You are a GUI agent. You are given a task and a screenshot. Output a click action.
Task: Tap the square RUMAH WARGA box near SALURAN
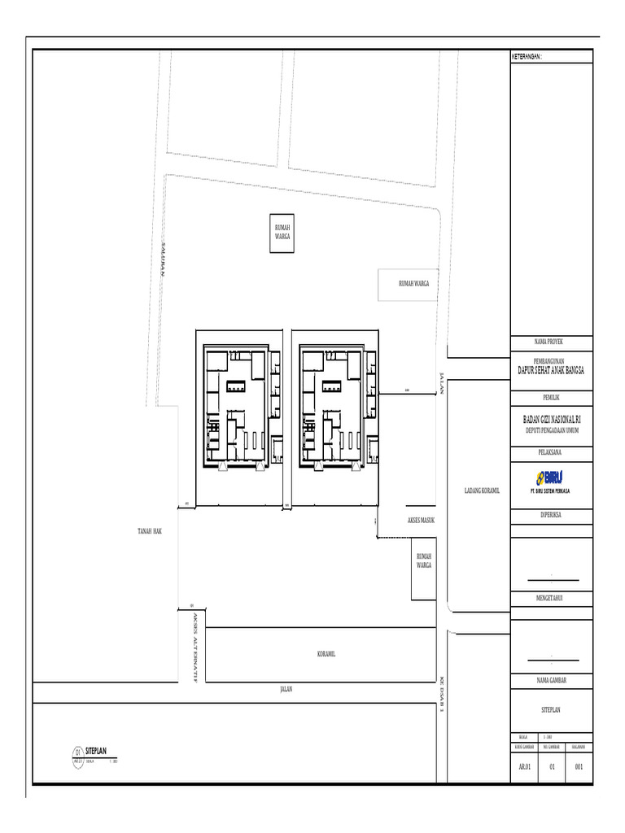point(282,233)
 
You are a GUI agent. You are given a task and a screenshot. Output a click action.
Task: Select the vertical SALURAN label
point(163,259)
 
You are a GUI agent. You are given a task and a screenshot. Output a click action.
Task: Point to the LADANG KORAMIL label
point(481,491)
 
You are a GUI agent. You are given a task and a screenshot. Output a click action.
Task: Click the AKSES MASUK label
point(422,519)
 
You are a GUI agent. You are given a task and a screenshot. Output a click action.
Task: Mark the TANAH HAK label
point(150,530)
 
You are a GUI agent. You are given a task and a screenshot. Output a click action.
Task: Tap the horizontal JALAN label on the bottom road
point(286,688)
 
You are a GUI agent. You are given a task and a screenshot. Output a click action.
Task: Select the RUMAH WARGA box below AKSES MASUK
point(424,560)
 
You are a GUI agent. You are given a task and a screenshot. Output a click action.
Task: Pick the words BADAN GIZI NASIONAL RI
point(552,418)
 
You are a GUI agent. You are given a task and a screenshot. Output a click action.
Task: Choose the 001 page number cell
point(579,765)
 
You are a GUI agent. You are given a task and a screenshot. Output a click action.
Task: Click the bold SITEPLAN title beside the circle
point(96,751)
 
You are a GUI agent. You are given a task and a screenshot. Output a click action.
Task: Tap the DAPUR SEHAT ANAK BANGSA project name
point(552,370)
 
